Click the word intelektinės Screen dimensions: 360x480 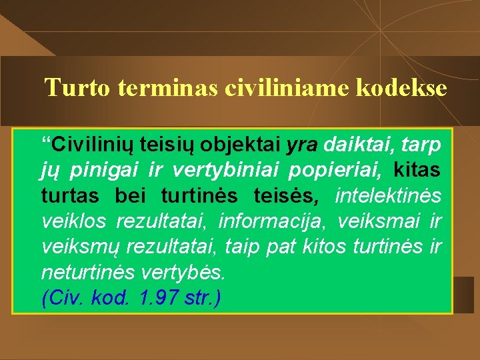(388, 196)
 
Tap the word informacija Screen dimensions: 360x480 (273, 221)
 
